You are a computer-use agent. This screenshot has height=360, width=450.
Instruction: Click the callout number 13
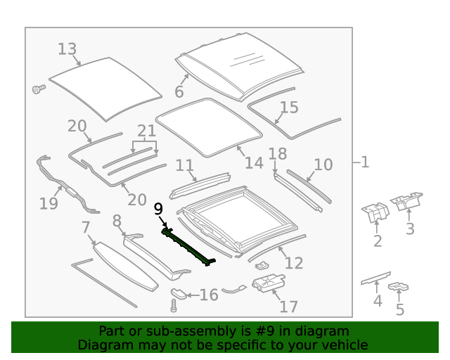[x=67, y=49]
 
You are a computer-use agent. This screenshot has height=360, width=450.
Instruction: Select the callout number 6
[x=179, y=92]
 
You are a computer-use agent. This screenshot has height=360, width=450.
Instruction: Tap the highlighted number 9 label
[x=158, y=208]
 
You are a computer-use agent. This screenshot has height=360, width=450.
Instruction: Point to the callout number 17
[x=288, y=307]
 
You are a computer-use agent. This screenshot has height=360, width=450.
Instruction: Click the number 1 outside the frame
[x=364, y=162]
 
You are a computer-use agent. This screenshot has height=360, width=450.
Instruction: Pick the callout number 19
[x=49, y=204]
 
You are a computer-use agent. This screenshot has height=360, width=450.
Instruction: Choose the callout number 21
[x=146, y=131]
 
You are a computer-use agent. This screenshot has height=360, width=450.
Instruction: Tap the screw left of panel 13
[x=38, y=89]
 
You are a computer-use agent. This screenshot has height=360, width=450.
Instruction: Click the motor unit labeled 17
[x=267, y=284]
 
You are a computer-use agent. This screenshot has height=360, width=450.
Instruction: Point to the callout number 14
[x=254, y=163]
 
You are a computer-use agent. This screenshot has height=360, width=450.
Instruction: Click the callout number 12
[x=294, y=263]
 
